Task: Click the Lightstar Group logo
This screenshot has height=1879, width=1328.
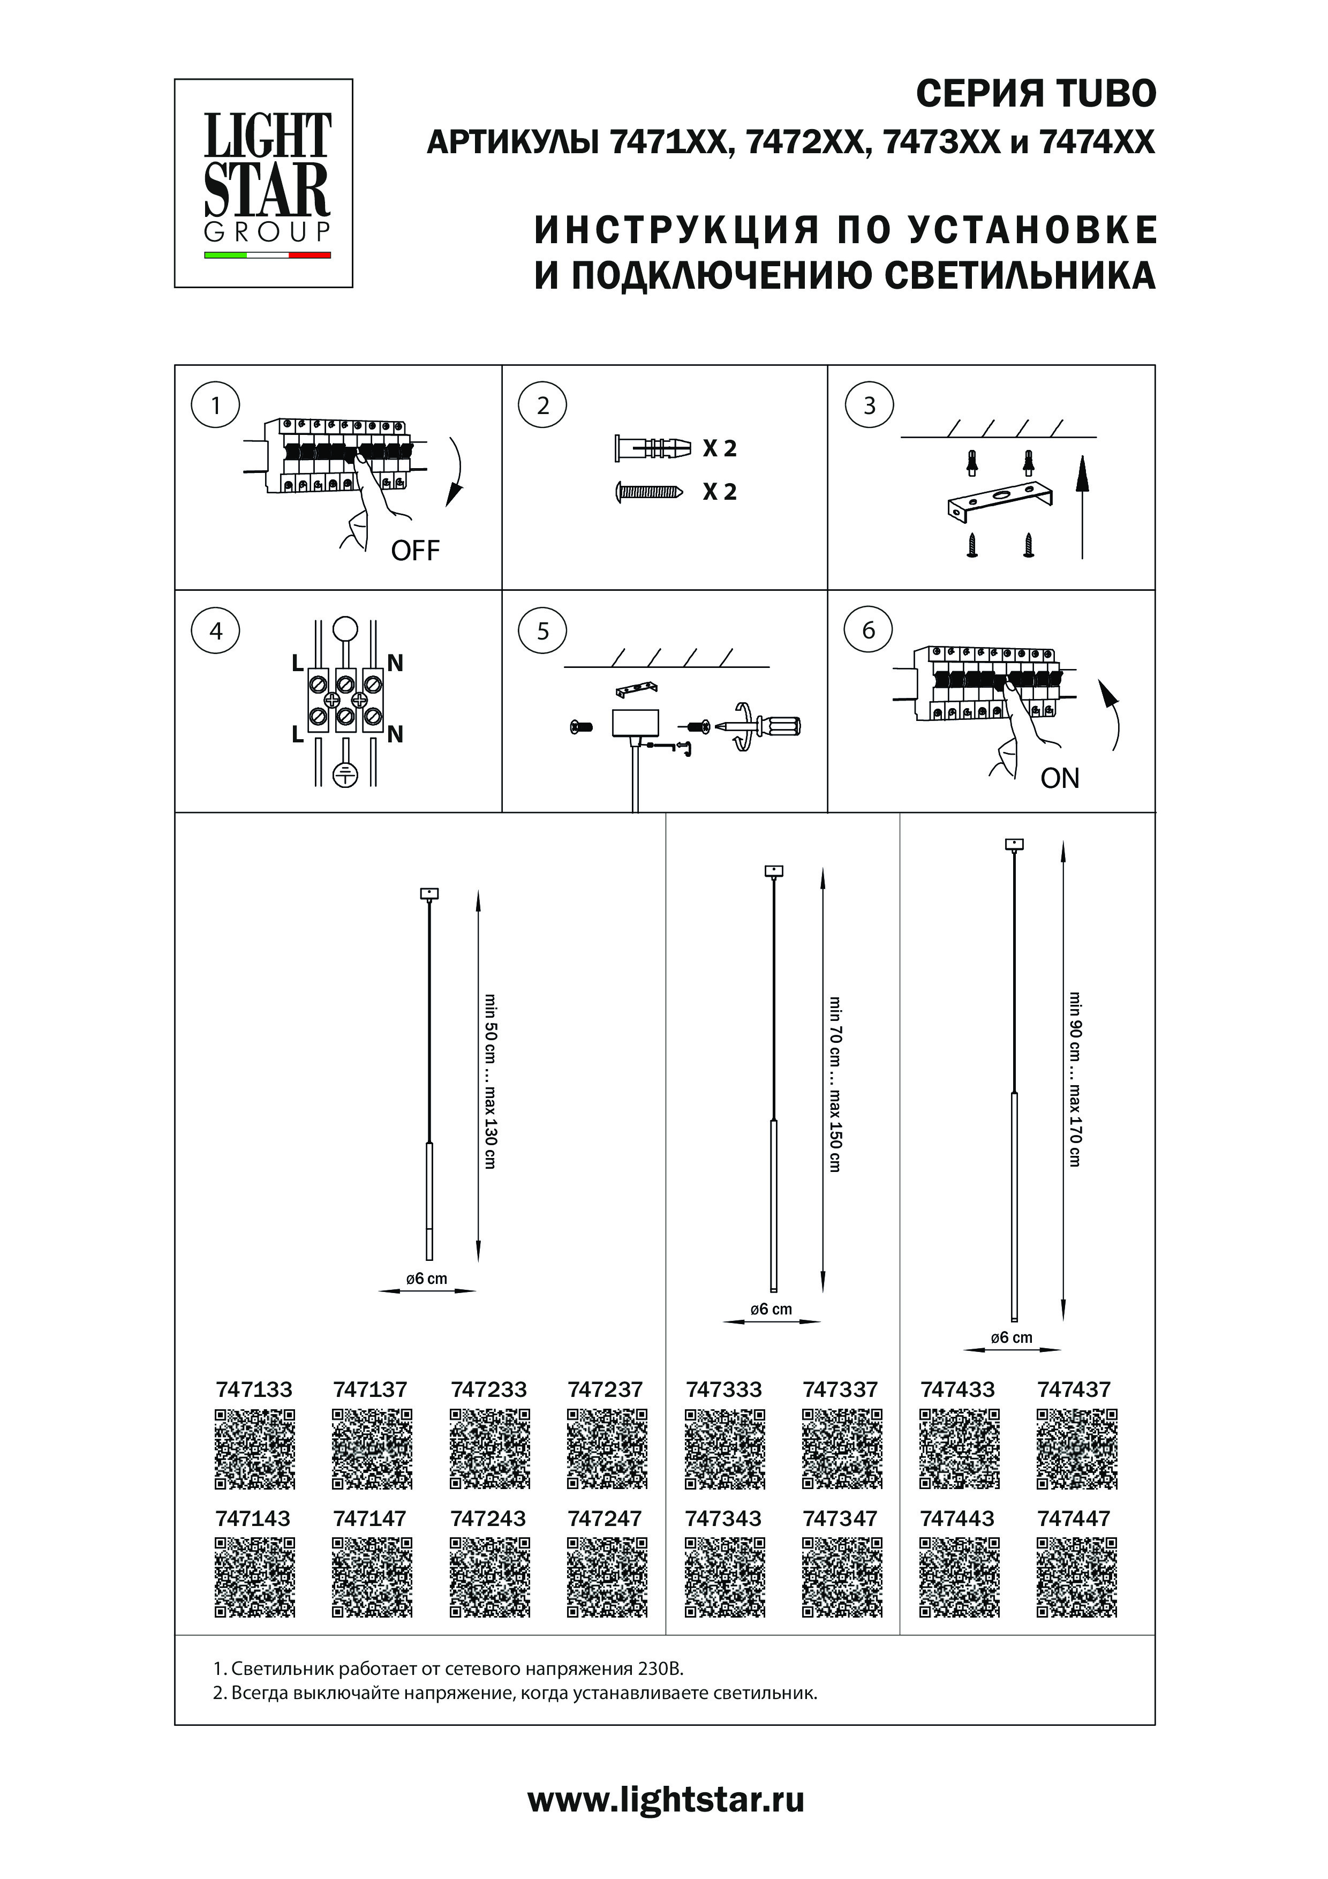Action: pos(263,183)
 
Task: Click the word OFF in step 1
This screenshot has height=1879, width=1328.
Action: pos(415,551)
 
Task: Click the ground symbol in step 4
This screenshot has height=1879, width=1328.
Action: pos(346,774)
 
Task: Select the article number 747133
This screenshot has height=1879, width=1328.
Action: pos(254,1389)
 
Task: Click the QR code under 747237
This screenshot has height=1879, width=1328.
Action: pos(607,1448)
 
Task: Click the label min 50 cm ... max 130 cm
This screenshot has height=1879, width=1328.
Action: pos(490,1080)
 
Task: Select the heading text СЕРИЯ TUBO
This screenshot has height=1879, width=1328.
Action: pos(1035,94)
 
